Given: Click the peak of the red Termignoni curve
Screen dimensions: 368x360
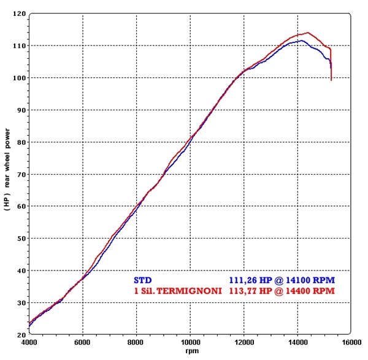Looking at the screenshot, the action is tap(308, 33).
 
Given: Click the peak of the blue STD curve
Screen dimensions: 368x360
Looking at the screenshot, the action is tap(302, 40).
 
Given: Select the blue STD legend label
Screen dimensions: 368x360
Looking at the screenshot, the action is tap(143, 280).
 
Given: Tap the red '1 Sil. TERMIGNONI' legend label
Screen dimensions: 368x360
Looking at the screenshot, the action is tap(178, 291).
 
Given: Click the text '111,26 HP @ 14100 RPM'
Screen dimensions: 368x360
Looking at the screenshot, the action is tap(282, 280).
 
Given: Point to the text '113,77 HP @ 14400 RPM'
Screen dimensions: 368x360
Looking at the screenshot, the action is tap(282, 291).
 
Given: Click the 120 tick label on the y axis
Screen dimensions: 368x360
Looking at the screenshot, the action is tap(20, 14).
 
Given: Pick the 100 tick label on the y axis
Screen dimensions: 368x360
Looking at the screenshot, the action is tap(20, 78).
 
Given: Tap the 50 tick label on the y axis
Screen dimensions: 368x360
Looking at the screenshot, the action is tap(21, 239).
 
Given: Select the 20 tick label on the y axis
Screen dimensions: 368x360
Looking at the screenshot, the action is tap(21, 335).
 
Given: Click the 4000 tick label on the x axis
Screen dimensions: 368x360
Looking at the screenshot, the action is tap(29, 342).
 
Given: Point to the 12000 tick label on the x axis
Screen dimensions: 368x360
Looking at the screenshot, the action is tap(244, 342).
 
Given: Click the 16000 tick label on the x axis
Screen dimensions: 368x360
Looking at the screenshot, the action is tap(351, 342).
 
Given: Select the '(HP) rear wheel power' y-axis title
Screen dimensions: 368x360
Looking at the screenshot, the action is tap(7, 169).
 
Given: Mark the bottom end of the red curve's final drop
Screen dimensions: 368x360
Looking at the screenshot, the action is tap(331, 80).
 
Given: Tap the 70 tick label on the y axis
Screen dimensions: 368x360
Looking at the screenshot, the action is tap(21, 174).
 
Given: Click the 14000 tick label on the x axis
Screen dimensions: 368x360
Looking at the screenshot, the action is tap(298, 342).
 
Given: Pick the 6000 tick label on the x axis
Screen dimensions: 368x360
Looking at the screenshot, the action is tap(83, 342).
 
